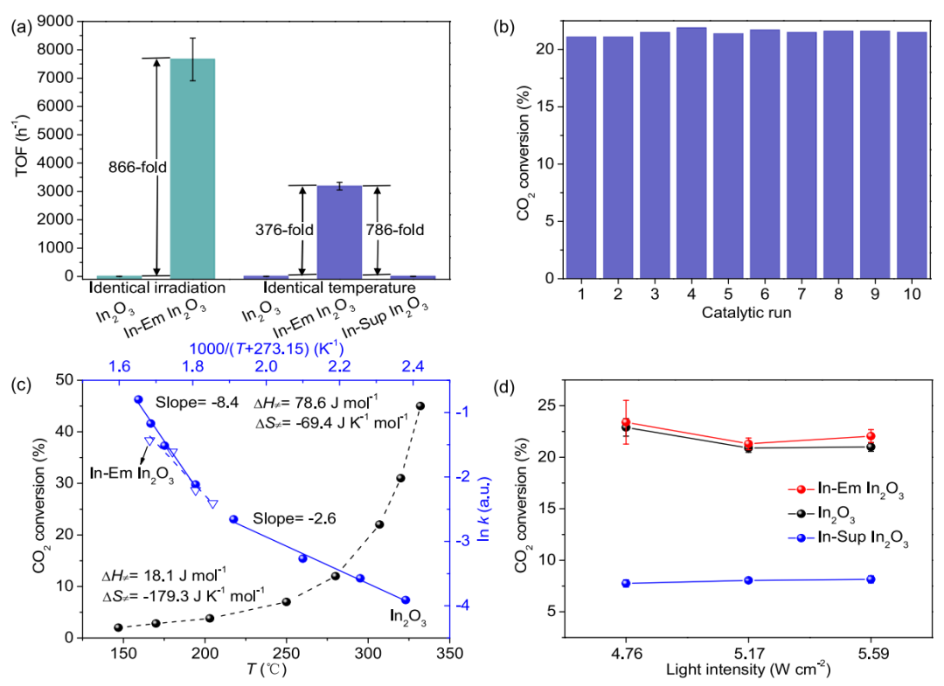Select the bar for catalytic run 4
691,153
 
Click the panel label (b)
503,25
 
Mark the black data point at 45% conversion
420,406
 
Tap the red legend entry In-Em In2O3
844,495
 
